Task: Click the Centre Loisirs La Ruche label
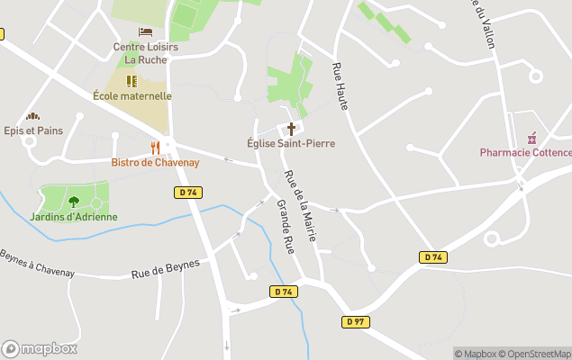tap(145, 53)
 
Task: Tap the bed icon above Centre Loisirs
tap(145, 32)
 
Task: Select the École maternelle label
tap(132, 95)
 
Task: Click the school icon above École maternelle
tap(132, 81)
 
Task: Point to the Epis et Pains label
tap(33, 130)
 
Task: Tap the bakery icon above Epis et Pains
tap(33, 116)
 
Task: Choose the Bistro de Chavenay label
tap(155, 162)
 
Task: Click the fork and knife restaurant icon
tap(155, 147)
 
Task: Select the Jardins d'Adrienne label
tap(73, 216)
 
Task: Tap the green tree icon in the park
tap(73, 202)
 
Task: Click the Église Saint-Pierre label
tap(290, 142)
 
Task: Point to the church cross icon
tap(291, 128)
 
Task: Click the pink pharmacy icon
tap(532, 137)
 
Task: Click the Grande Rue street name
tap(286, 228)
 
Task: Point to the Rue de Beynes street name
tap(164, 267)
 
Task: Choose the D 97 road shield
tap(356, 321)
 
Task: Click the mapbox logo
tap(39, 348)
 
